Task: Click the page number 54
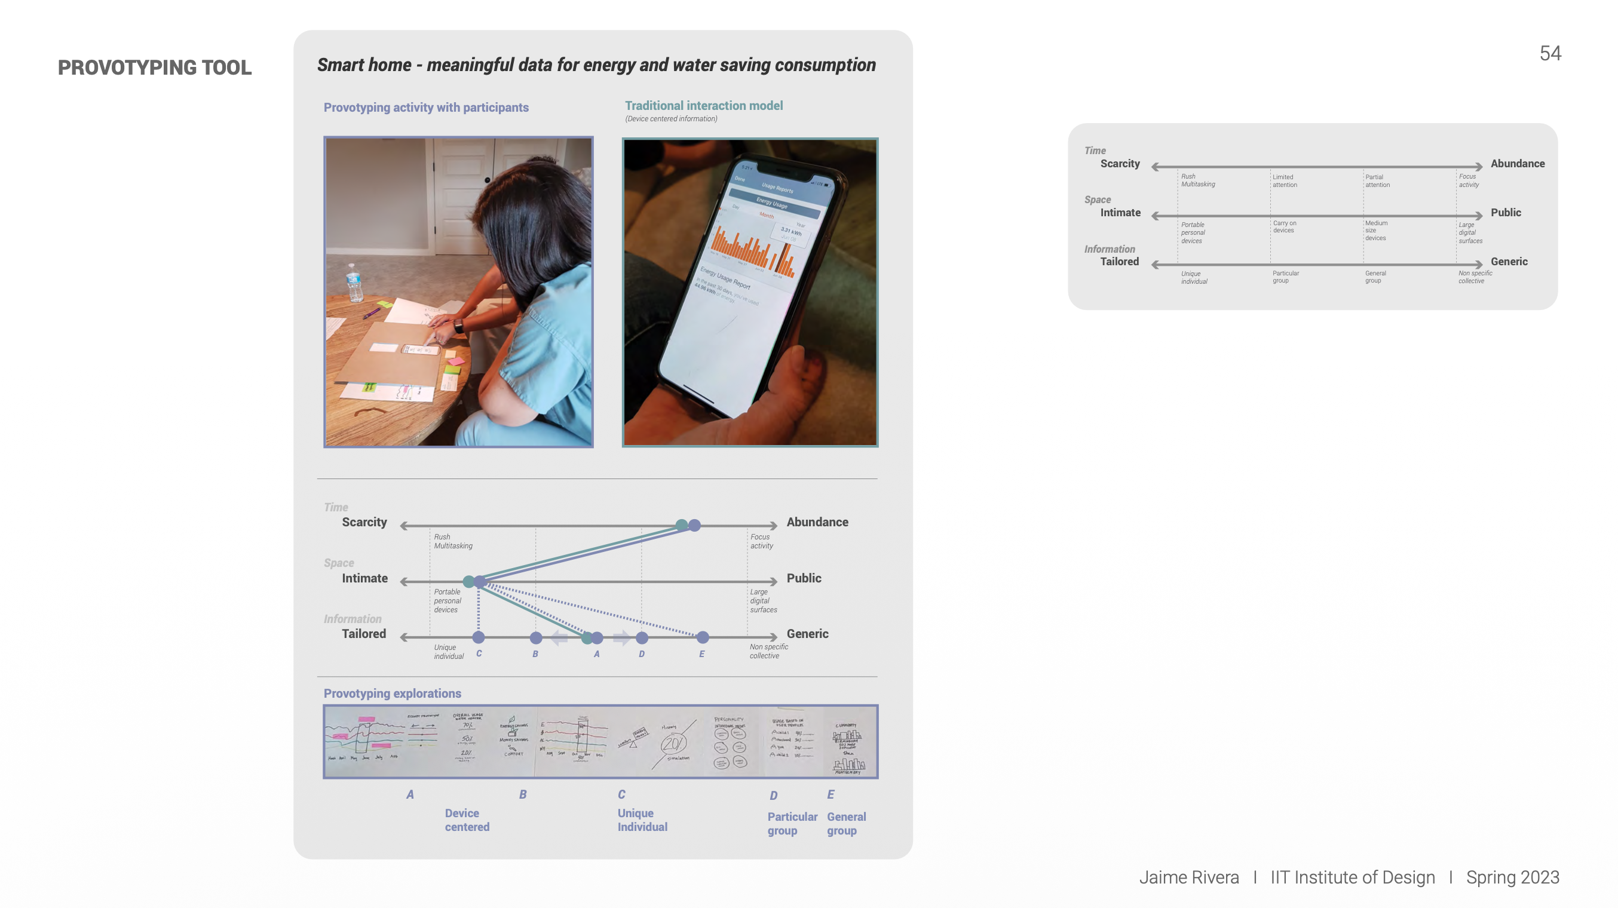(x=1549, y=53)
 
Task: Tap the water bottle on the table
(x=354, y=283)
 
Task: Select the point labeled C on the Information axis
(x=479, y=637)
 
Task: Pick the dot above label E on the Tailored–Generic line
(x=702, y=637)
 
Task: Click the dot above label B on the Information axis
(x=536, y=637)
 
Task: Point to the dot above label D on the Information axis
(x=641, y=637)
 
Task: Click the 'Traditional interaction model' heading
(x=703, y=106)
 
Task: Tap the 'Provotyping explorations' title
(x=392, y=693)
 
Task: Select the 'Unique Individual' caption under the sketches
(x=642, y=820)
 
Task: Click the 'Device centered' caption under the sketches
(x=467, y=820)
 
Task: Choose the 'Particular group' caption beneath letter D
(x=792, y=823)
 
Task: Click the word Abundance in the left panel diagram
(x=817, y=523)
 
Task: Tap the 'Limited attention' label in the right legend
(x=1284, y=181)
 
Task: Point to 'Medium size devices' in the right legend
(x=1375, y=231)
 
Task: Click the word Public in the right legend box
(x=1506, y=213)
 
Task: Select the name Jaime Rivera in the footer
(x=1188, y=877)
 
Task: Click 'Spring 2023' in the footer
(x=1512, y=877)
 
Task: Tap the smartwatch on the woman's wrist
(x=459, y=326)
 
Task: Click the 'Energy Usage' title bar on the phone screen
(x=772, y=204)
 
